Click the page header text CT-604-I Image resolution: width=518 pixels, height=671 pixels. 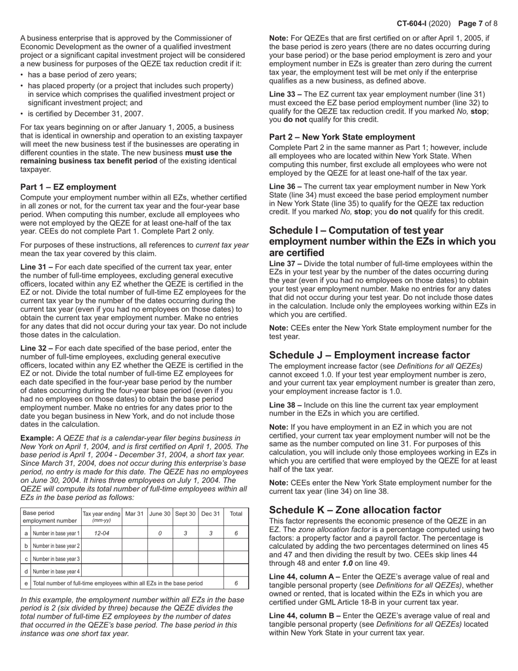point(414,23)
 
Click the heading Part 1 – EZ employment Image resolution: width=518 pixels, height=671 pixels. point(68,187)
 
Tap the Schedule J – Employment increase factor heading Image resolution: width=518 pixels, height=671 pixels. point(369,355)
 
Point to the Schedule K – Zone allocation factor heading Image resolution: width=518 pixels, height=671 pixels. point(355,510)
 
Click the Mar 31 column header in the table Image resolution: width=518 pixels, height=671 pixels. point(134,514)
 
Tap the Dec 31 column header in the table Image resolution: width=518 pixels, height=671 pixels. point(210,514)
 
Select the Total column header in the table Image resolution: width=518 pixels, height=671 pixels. point(236,514)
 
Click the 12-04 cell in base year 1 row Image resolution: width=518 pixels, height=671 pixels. point(101,534)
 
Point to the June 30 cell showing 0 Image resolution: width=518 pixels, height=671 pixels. point(159,534)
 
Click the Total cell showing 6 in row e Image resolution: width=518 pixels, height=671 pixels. point(236,583)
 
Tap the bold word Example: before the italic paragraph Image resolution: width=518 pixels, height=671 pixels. point(37,438)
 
